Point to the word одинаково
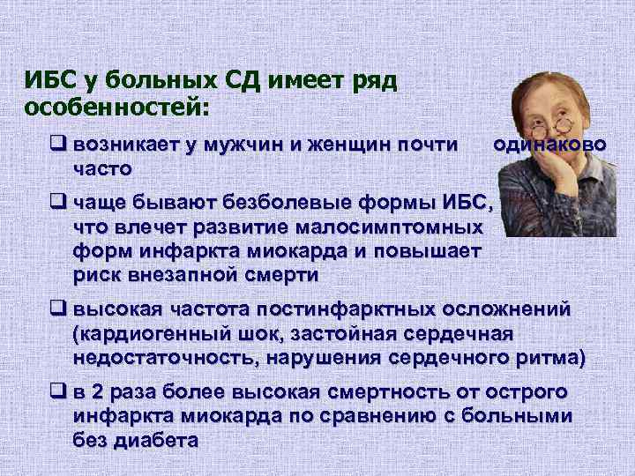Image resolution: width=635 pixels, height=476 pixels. [549, 144]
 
